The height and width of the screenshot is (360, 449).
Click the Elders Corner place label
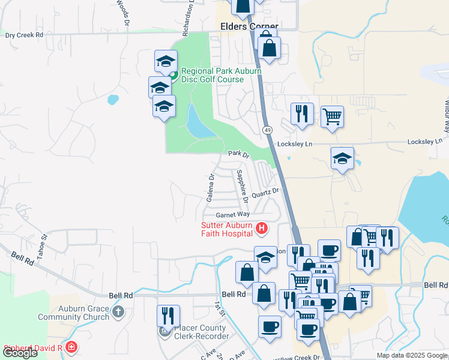pyautogui.click(x=249, y=27)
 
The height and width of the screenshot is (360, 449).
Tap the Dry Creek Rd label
pyautogui.click(x=25, y=35)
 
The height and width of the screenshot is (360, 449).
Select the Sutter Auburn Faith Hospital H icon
pyautogui.click(x=262, y=228)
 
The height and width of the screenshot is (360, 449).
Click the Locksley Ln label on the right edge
pyautogui.click(x=431, y=144)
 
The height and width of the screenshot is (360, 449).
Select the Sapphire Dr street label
pyautogui.click(x=242, y=185)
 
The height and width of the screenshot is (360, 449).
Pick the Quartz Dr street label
pyautogui.click(x=266, y=192)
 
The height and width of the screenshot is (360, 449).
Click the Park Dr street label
pyautogui.click(x=238, y=154)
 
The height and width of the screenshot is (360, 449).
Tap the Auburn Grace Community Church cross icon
pyautogui.click(x=118, y=311)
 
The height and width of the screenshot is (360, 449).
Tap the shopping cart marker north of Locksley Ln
pyautogui.click(x=332, y=116)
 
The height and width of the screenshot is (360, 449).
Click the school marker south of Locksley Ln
pyautogui.click(x=342, y=158)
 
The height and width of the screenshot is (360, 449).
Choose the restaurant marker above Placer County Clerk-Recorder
pyautogui.click(x=169, y=316)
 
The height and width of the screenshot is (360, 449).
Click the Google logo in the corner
pyautogui.click(x=20, y=353)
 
